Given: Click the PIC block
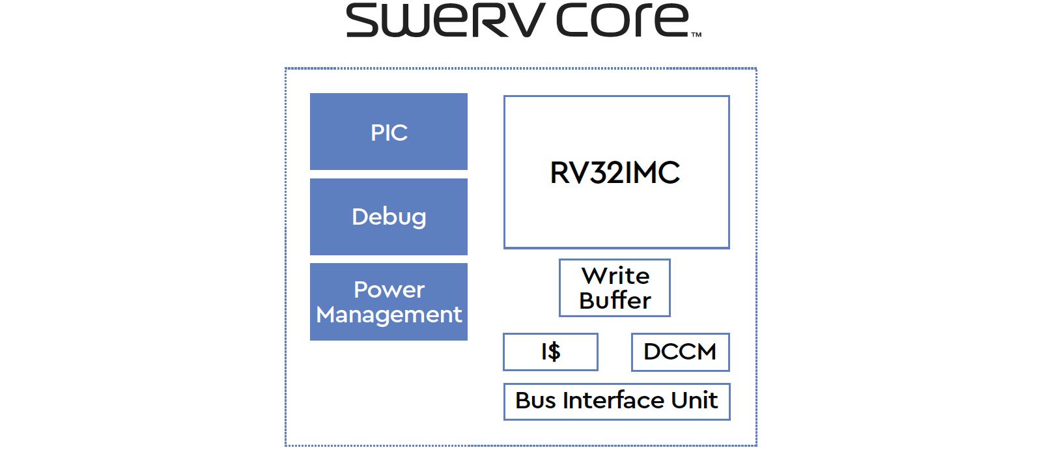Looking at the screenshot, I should point(389,132).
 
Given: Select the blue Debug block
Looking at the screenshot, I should point(389,217).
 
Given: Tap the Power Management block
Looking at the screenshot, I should point(389,302).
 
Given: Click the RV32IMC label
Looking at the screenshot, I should point(615,173).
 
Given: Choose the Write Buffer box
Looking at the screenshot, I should point(615,288).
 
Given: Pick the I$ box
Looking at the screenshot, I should point(550,352).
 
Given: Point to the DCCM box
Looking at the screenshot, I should point(680,352).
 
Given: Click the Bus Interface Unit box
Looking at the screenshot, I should point(616,401).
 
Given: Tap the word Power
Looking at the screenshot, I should point(389,290).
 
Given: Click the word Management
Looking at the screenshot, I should point(389,315).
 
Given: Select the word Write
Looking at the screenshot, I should point(615,275).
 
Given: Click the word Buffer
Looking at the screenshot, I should point(615,300).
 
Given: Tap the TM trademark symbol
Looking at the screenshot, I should point(696,35).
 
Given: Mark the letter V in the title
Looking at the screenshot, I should point(524,20).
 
